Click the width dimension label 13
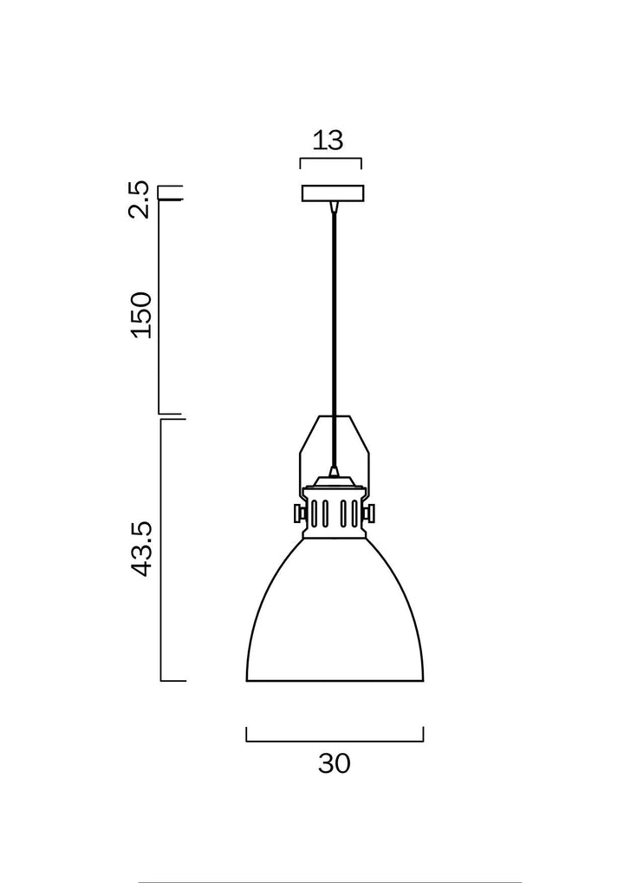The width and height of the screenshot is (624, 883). [328, 140]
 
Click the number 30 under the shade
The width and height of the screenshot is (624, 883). [335, 764]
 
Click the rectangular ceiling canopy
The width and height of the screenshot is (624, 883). [333, 193]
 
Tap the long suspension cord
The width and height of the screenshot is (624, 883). [334, 330]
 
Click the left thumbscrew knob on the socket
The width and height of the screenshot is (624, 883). [297, 513]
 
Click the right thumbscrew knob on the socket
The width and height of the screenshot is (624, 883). [372, 513]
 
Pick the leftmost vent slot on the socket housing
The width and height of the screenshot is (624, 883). [315, 513]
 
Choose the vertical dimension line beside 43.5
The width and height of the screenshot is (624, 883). [163, 550]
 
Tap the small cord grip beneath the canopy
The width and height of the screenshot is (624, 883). [334, 206]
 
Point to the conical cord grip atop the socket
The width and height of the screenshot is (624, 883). [334, 474]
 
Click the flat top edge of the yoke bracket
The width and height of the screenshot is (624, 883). [335, 416]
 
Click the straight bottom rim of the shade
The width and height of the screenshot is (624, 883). [335, 681]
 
